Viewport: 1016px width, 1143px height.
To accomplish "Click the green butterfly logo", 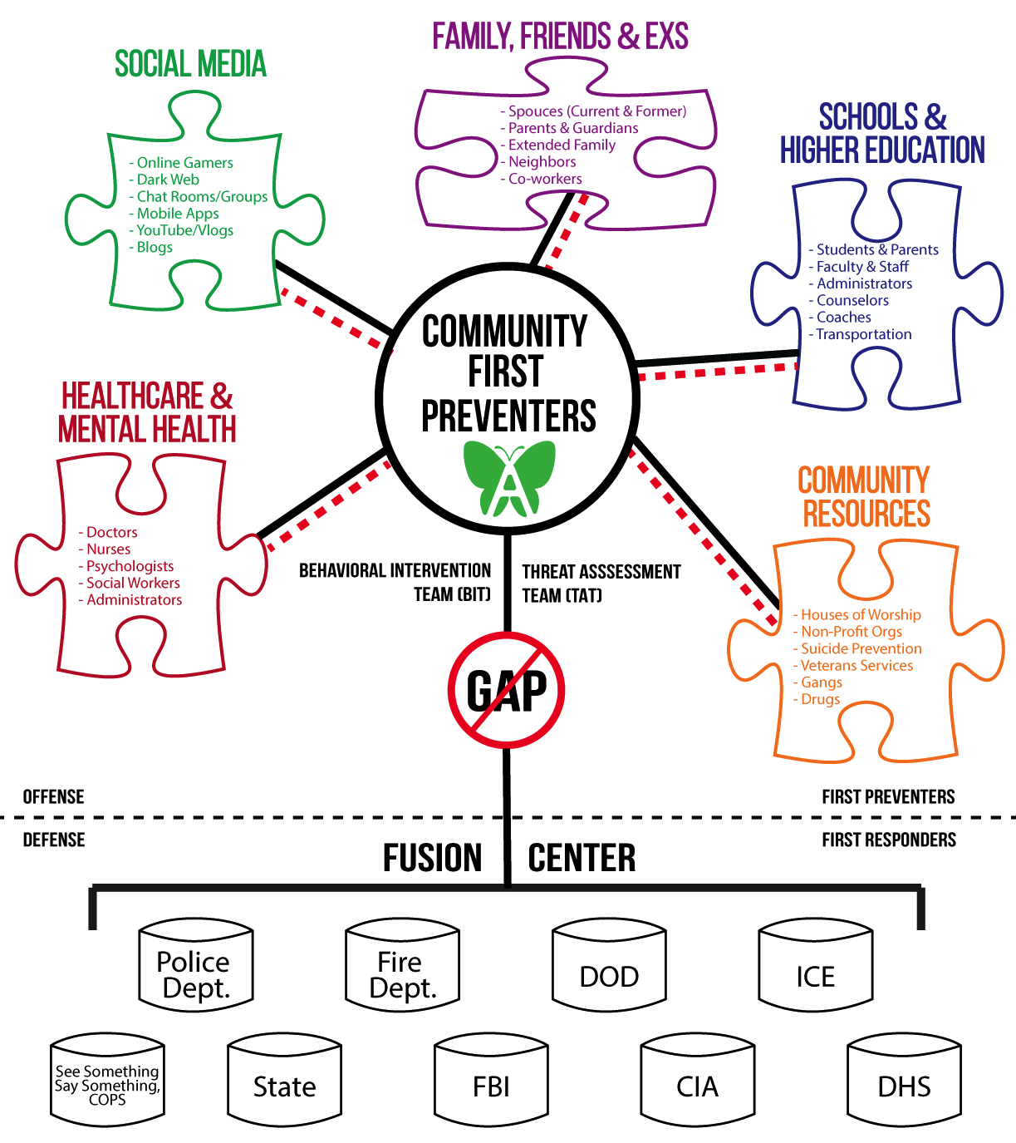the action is tap(509, 479).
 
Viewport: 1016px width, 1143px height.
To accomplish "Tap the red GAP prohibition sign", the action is tap(506, 690).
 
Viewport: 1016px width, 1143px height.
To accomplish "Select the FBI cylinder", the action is tap(491, 1079).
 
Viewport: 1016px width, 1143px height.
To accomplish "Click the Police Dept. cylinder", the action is tap(196, 964).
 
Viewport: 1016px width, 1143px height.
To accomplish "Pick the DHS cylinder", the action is tap(905, 1079).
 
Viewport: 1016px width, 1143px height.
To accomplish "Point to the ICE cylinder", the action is tap(815, 964).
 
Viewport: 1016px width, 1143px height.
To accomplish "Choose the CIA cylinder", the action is tap(698, 1079).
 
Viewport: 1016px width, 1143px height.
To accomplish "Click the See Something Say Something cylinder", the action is tap(107, 1079).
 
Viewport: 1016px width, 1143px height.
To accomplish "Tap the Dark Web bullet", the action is tap(164, 180).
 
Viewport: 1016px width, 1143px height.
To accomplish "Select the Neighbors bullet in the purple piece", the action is tap(538, 162).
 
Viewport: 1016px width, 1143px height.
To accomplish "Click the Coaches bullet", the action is tap(840, 317).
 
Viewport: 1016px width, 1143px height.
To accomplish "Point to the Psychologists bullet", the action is tap(125, 566).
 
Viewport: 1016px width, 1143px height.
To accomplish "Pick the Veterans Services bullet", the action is tap(853, 665).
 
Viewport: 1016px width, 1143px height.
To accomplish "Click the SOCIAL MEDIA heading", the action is tap(190, 64).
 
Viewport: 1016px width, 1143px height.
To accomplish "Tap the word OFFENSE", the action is tap(53, 796).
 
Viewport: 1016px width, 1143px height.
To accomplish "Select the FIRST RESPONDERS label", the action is tap(889, 840).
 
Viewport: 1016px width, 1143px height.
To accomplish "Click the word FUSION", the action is tap(433, 858).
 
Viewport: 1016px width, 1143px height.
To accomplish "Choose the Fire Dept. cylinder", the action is tap(403, 964).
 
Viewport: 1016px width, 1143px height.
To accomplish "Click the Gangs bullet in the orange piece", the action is tap(817, 682).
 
